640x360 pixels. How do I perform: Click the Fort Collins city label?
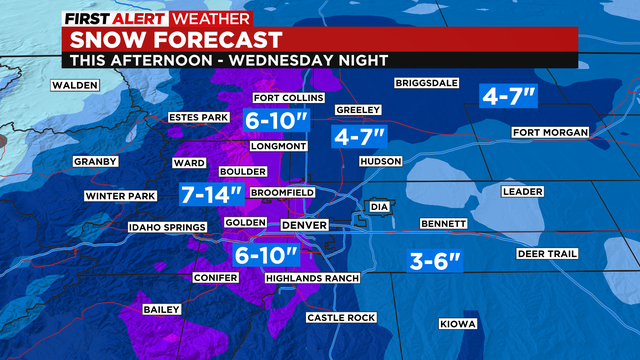click(x=289, y=98)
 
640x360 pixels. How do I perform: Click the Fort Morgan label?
click(x=546, y=133)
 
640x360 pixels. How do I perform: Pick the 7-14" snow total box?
click(x=211, y=193)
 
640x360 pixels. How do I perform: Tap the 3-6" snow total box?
click(x=437, y=262)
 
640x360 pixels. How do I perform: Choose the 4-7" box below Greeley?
click(x=361, y=136)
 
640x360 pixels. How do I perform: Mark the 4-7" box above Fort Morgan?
click(x=510, y=96)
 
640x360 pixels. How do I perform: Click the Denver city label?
click(x=304, y=226)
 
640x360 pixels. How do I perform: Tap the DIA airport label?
click(x=378, y=207)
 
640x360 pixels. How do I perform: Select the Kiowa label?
click(x=459, y=324)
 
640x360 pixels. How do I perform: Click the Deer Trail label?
click(x=547, y=253)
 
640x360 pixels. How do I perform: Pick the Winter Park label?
click(x=120, y=196)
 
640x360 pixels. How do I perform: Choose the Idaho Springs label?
click(x=167, y=228)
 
